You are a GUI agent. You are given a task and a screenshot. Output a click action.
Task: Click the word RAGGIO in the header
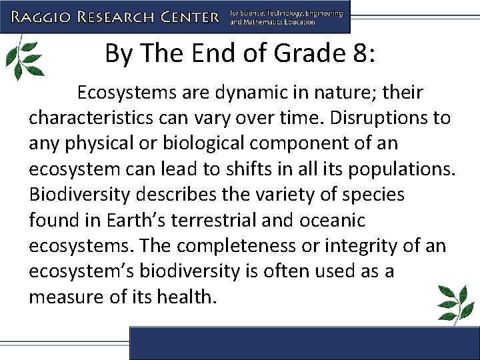[47, 16]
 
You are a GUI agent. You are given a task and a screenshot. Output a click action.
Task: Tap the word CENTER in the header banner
[187, 16]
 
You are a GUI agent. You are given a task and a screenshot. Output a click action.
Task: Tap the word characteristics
[93, 118]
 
